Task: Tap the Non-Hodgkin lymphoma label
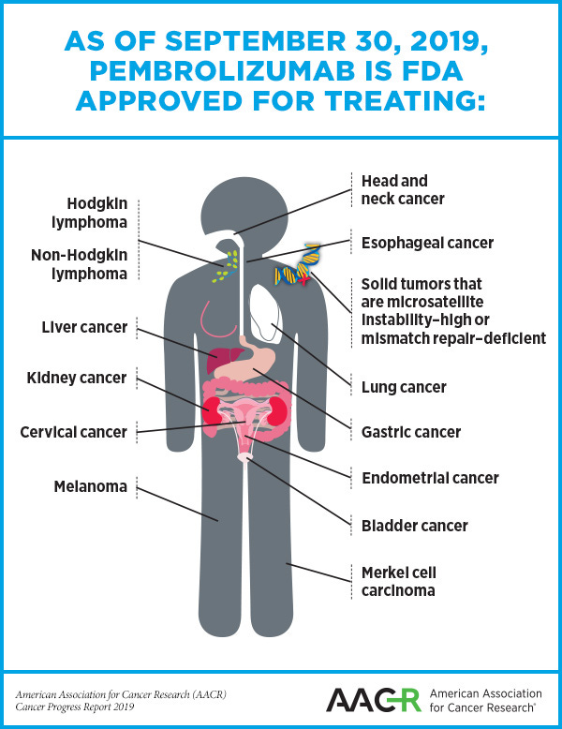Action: point(79,264)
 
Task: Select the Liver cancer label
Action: point(84,329)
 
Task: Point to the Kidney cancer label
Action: point(76,379)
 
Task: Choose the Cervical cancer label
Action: point(73,432)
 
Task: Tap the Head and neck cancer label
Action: point(402,189)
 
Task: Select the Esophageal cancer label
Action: point(427,244)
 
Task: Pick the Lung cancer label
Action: point(404,387)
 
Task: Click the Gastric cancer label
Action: point(411,433)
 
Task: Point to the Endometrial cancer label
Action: point(430,479)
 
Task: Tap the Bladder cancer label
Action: point(415,526)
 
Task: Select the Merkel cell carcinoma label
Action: point(399,581)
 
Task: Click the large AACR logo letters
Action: point(372,699)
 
